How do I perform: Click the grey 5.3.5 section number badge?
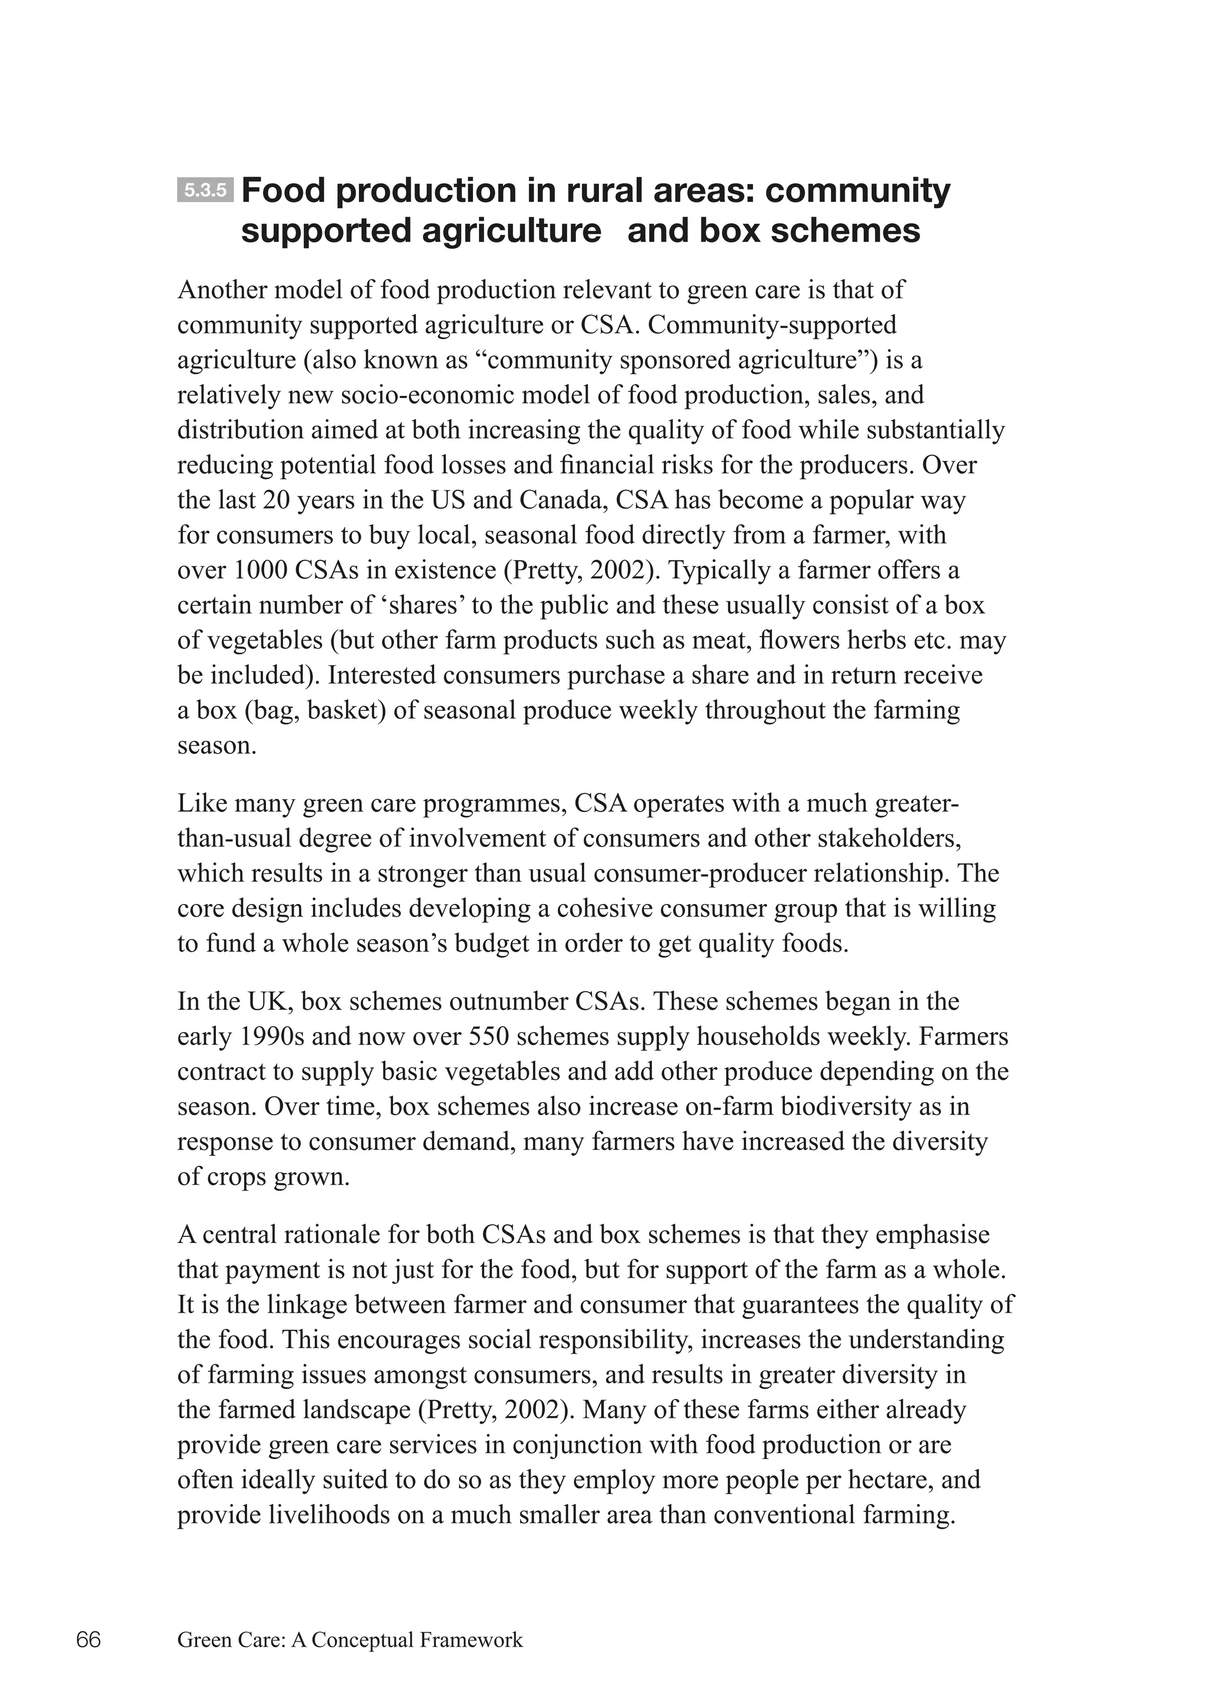click(x=205, y=191)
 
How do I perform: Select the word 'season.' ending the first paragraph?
click(x=217, y=745)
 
